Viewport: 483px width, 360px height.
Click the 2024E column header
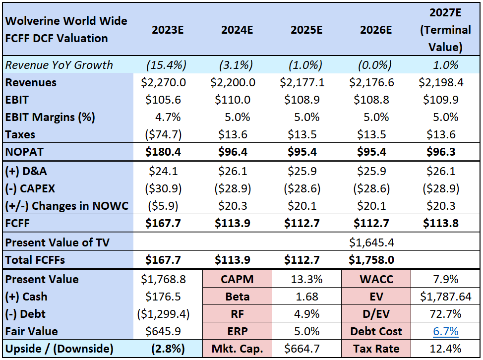(237, 30)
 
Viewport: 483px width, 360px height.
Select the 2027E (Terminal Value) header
(445, 30)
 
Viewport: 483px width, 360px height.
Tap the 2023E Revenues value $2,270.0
(163, 82)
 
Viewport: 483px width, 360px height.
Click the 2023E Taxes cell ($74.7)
(163, 134)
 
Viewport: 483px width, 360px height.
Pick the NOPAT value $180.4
(163, 152)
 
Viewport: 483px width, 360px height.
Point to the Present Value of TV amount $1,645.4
(371, 242)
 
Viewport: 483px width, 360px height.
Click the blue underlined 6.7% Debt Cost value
(445, 331)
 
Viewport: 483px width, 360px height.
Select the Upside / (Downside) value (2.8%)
(168, 349)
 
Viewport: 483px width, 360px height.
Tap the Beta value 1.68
(307, 297)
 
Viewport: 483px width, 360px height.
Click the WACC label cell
(376, 279)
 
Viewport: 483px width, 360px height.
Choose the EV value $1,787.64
(445, 297)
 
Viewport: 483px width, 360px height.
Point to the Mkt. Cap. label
(237, 349)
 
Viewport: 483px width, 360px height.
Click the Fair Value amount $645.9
(163, 331)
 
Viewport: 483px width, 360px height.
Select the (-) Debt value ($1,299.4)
(163, 314)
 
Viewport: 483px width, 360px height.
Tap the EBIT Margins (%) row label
(50, 118)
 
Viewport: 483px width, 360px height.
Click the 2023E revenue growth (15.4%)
(166, 65)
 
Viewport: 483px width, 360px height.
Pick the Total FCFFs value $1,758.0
(371, 260)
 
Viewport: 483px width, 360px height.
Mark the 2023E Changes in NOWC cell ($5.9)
(163, 206)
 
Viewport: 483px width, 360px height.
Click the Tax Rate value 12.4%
(445, 349)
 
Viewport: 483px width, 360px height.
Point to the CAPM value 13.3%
(307, 279)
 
